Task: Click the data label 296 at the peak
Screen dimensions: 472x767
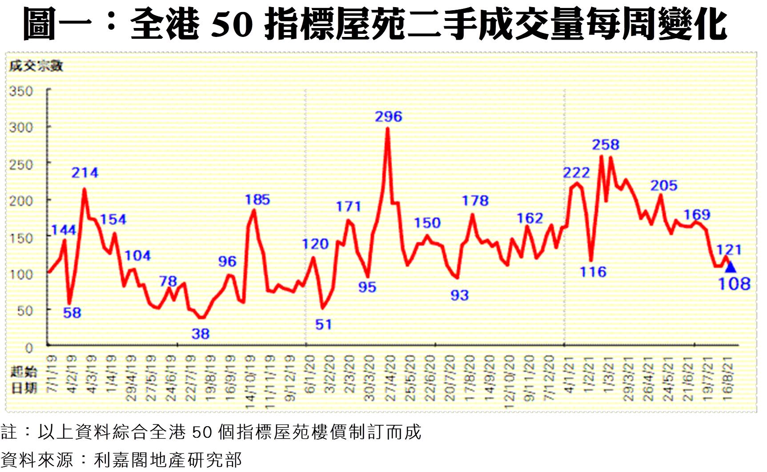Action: pyautogui.click(x=388, y=117)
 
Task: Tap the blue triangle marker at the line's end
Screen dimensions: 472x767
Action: pyautogui.click(x=730, y=267)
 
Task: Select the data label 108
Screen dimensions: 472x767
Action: pyautogui.click(x=734, y=284)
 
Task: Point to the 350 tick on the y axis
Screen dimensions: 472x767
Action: pyautogui.click(x=21, y=91)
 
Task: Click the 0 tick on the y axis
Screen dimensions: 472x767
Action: pyautogui.click(x=29, y=347)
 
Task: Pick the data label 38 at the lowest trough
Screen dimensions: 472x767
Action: pyautogui.click(x=201, y=334)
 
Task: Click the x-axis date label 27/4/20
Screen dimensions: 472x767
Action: pyautogui.click(x=390, y=378)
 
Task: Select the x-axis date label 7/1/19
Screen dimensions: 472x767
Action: pyautogui.click(x=52, y=374)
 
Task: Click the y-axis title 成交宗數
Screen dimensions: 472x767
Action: pyautogui.click(x=36, y=66)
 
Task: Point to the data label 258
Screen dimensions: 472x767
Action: pyautogui.click(x=605, y=145)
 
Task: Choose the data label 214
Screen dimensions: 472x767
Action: pyautogui.click(x=84, y=173)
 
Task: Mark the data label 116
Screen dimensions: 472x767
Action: pyautogui.click(x=593, y=272)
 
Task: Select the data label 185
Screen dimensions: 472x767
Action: pyautogui.click(x=257, y=200)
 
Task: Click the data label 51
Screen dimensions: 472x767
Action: pyautogui.click(x=323, y=325)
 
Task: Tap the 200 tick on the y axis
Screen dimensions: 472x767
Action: pyautogui.click(x=21, y=201)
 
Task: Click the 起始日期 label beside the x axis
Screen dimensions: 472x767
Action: pyautogui.click(x=24, y=379)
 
